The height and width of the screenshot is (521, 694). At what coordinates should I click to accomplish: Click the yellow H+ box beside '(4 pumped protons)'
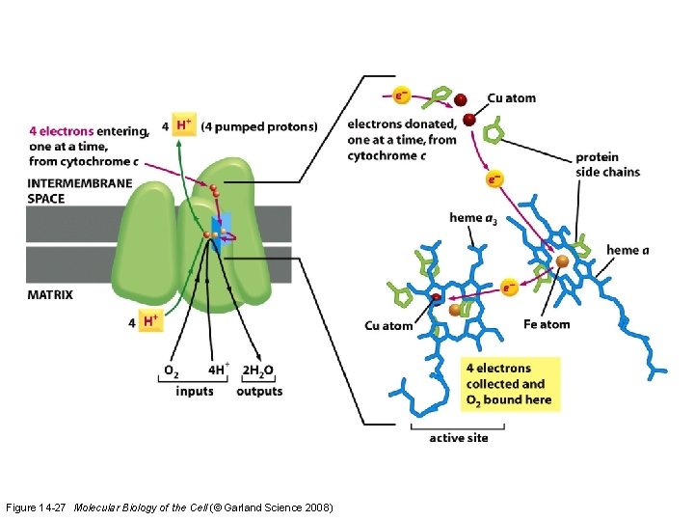tap(184, 125)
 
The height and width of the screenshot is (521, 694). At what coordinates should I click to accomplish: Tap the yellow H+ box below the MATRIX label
tap(149, 321)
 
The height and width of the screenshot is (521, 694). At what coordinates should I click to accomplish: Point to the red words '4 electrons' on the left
tap(62, 131)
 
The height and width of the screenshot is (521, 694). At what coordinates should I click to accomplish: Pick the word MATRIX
tap(50, 294)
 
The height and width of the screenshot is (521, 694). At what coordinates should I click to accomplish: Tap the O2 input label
tap(171, 370)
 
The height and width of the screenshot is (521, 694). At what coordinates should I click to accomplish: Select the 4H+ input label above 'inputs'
tap(218, 370)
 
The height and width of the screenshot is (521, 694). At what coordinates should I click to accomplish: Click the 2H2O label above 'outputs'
tap(258, 370)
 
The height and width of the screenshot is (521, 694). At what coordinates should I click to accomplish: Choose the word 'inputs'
tap(196, 391)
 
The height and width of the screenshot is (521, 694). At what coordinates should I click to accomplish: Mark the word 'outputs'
tap(259, 391)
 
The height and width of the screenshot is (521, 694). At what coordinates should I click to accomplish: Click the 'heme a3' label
tap(473, 219)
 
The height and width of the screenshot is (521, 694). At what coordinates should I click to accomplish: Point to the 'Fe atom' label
tap(547, 324)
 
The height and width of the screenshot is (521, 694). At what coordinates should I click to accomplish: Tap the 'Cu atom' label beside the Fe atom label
tap(388, 325)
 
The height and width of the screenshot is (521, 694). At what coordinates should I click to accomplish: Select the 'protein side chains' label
tap(607, 164)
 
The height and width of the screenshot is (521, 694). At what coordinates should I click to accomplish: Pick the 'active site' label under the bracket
tap(459, 437)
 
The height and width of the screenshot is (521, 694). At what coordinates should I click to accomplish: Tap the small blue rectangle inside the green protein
tap(219, 237)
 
